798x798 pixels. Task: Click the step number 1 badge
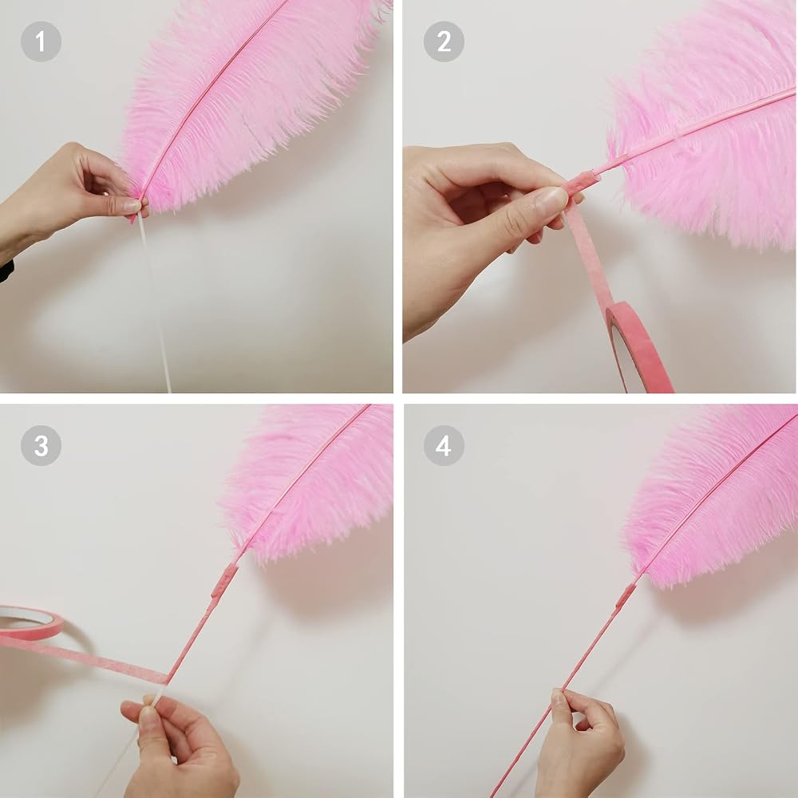pyautogui.click(x=41, y=41)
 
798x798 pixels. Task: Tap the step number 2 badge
pyautogui.click(x=444, y=41)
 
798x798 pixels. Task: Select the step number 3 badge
pyautogui.click(x=41, y=445)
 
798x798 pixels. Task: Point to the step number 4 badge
pyautogui.click(x=444, y=445)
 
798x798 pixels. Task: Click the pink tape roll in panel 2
pyautogui.click(x=638, y=346)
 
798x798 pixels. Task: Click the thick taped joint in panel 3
pyautogui.click(x=224, y=580)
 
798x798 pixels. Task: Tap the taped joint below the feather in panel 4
pyautogui.click(x=626, y=595)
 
